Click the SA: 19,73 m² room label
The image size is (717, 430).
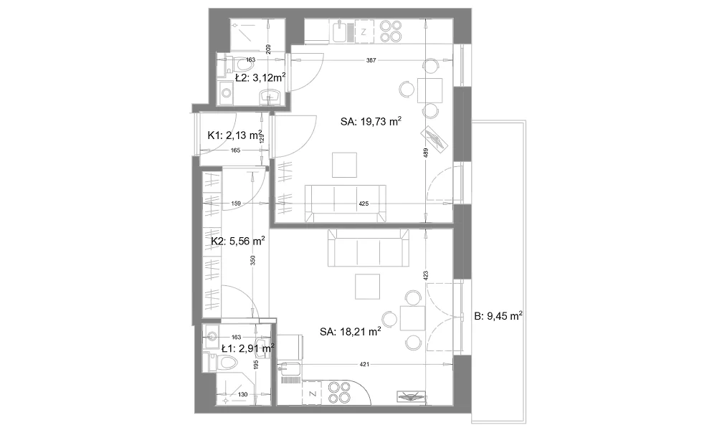click(x=371, y=121)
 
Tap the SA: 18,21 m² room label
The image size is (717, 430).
click(x=351, y=331)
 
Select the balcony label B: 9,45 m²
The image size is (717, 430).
click(x=498, y=316)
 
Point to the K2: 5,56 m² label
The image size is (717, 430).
click(x=238, y=241)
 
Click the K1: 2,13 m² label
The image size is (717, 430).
click(x=234, y=135)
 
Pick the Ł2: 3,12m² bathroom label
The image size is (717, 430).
click(x=260, y=77)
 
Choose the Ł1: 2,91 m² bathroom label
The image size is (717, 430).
click(x=248, y=348)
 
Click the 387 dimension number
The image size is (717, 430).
click(x=371, y=60)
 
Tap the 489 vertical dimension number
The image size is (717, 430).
click(x=426, y=153)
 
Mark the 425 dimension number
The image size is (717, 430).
click(x=364, y=204)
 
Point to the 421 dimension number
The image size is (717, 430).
click(x=364, y=364)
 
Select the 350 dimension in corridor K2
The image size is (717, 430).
click(x=252, y=260)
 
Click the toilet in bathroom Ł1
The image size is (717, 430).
click(x=224, y=363)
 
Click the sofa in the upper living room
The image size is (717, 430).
click(x=346, y=204)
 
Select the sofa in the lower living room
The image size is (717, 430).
click(x=369, y=248)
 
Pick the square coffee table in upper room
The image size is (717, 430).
click(x=344, y=165)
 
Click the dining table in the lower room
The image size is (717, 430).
click(x=413, y=318)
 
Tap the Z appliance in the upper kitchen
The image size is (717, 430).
click(x=364, y=32)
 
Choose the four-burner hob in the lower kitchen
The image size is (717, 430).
click(x=340, y=393)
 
